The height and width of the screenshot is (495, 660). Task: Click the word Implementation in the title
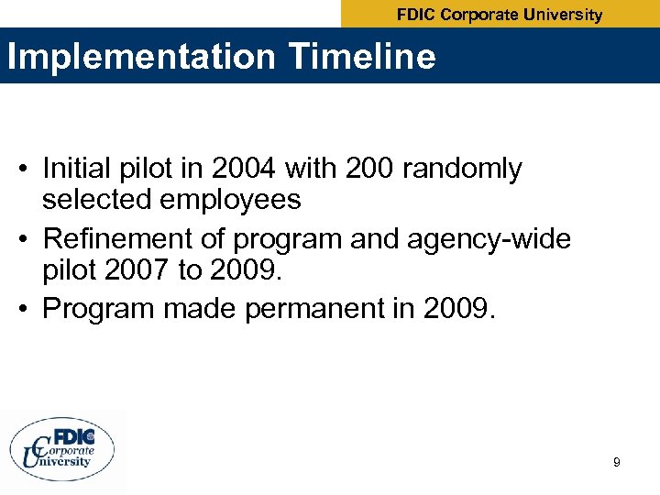point(139,57)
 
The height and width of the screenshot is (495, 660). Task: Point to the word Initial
point(81,169)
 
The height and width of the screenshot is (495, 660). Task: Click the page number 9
point(616,463)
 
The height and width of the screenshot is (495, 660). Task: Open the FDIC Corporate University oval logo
point(62,449)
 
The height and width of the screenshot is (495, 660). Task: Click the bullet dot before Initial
point(28,170)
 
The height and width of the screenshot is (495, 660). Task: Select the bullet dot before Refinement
point(28,239)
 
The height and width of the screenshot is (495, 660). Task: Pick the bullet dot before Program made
point(28,310)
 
